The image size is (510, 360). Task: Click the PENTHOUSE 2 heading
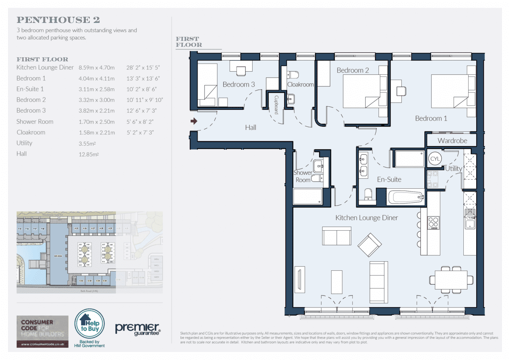(58, 20)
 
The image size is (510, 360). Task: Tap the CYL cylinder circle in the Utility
(435, 159)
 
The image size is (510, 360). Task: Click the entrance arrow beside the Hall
(194, 121)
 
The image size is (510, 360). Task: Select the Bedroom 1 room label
(431, 118)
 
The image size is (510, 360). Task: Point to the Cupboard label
(275, 104)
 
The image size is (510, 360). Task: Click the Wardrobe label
(452, 141)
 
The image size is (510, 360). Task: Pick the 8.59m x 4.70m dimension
(96, 68)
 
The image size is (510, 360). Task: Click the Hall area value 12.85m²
(88, 154)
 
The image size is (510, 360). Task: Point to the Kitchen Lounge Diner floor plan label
(367, 218)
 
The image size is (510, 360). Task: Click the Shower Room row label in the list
(35, 121)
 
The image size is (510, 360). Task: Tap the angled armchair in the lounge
(369, 245)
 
